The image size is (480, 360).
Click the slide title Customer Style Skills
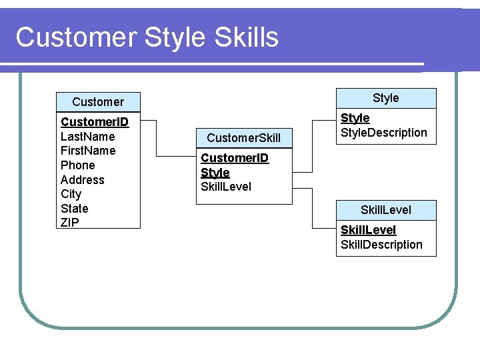[147, 37]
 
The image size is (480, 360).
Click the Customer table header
[98, 102]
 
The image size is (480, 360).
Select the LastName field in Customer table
[87, 136]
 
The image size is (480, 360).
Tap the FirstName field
[88, 151]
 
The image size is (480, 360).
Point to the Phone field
[77, 165]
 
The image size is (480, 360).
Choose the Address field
[82, 179]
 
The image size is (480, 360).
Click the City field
[71, 194]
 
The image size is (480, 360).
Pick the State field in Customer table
[74, 209]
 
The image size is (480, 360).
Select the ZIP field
[69, 223]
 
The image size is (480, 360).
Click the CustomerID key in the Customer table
[94, 122]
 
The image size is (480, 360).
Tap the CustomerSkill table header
[243, 138]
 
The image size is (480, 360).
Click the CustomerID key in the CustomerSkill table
[235, 158]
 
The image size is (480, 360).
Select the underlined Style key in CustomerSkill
[215, 173]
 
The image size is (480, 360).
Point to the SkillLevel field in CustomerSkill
[226, 187]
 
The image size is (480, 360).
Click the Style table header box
[385, 98]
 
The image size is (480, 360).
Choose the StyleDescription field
[383, 133]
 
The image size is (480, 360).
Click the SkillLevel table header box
[385, 210]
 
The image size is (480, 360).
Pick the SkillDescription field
[381, 245]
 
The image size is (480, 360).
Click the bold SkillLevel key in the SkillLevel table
[368, 230]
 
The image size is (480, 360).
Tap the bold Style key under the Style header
[355, 118]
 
